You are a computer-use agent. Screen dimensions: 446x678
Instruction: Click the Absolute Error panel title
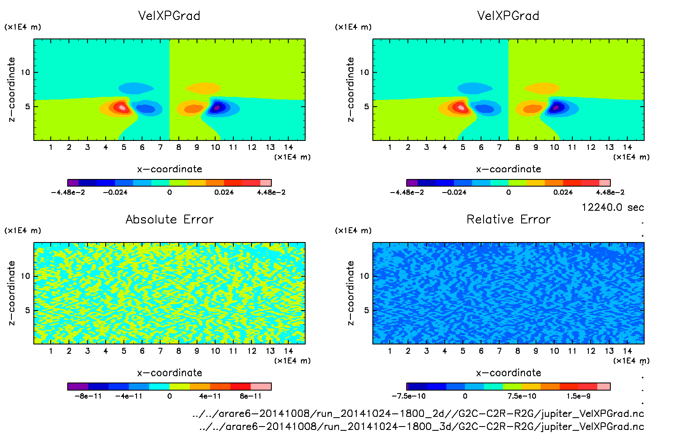tap(169, 219)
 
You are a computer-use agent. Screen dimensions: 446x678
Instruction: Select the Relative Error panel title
tap(508, 219)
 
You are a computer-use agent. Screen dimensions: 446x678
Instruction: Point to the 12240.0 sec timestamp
tap(612, 207)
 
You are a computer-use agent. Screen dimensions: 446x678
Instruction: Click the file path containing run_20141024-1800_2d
tap(418, 413)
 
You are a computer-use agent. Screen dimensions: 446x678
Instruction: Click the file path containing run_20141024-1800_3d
tap(421, 427)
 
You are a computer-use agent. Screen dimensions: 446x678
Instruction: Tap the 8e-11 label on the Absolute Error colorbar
tap(251, 396)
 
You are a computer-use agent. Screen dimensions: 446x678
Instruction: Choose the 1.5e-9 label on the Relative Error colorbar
tap(579, 396)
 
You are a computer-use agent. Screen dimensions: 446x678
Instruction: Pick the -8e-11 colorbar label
tap(88, 396)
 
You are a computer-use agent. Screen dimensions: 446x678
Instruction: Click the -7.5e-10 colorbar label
tap(408, 396)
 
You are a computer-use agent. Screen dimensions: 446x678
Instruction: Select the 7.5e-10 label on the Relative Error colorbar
tap(522, 396)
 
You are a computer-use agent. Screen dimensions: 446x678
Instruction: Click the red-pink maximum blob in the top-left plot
tap(122, 107)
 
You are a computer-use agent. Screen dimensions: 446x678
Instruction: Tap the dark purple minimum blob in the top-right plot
tap(556, 107)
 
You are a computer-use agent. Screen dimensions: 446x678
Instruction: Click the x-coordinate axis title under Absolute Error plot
tap(169, 373)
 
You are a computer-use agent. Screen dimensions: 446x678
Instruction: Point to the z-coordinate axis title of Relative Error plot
tap(350, 293)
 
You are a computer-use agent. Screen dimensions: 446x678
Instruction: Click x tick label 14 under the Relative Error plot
tap(627, 351)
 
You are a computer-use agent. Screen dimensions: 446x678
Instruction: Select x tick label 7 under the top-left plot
tap(160, 147)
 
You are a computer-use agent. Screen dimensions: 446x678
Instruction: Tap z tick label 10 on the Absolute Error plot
tap(26, 276)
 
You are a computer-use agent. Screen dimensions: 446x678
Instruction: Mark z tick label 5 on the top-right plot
tap(366, 107)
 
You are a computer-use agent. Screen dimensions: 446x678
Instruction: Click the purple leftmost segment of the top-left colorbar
tap(73, 183)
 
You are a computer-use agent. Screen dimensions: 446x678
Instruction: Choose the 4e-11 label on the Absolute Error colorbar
tap(210, 396)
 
